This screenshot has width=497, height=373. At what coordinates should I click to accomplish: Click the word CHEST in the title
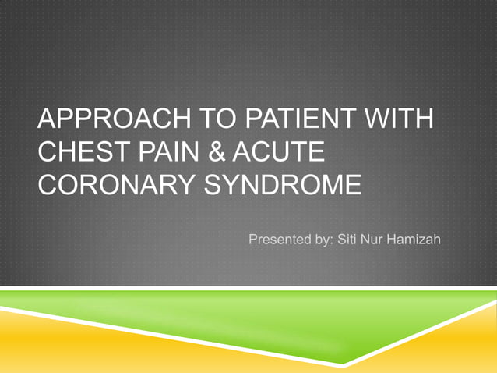pyautogui.click(x=76, y=155)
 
